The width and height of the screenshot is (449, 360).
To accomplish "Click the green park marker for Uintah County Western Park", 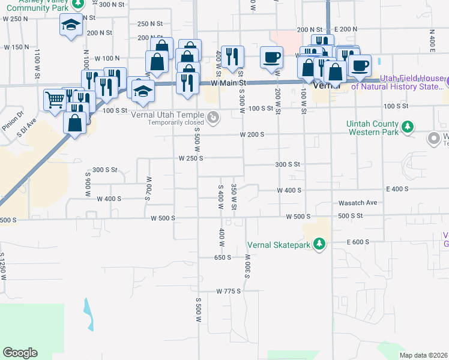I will pyautogui.click(x=408, y=127).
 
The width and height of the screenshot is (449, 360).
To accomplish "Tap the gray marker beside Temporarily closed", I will pyautogui.click(x=213, y=119).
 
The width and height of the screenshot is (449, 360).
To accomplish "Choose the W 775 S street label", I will pyautogui.click(x=229, y=291).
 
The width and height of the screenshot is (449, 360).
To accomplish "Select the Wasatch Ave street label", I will pyautogui.click(x=358, y=203).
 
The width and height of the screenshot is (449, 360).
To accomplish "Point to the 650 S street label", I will pyautogui.click(x=222, y=257).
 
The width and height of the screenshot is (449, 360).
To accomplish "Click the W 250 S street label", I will pyautogui.click(x=191, y=158).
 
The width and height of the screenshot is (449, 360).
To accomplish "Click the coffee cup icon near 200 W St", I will pyautogui.click(x=271, y=58).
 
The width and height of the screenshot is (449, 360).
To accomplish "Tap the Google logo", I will pyautogui.click(x=20, y=352).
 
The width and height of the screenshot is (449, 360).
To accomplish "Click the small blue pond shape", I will pyautogui.click(x=89, y=313).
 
